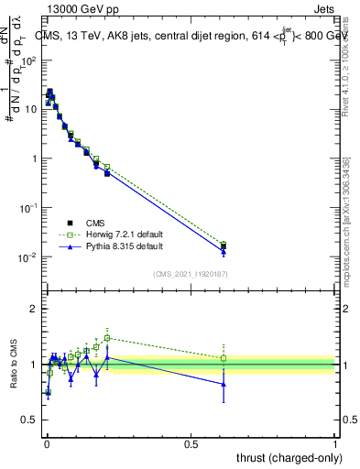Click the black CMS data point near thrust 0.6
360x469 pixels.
pyautogui.click(x=224, y=245)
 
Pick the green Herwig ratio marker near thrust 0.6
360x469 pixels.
pyautogui.click(x=224, y=358)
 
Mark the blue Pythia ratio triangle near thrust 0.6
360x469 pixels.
pyautogui.click(x=224, y=384)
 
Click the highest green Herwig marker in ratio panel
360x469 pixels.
pyautogui.click(x=107, y=337)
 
